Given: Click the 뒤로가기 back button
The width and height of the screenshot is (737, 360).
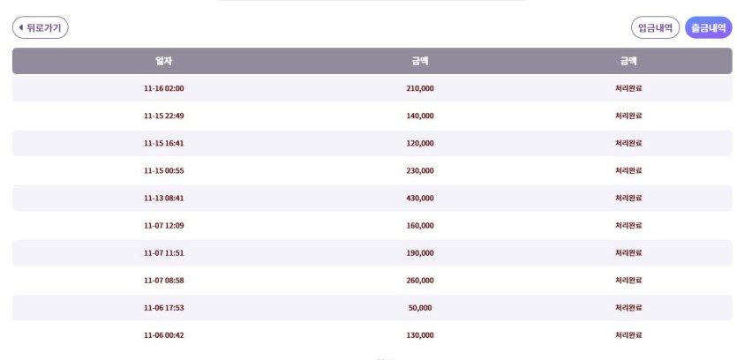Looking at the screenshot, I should pos(41,28).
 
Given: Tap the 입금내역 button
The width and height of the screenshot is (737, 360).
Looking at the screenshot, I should pos(655,28).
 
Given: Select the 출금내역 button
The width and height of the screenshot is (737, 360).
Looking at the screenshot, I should pos(709,28).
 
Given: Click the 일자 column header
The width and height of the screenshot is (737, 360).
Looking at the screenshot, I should pos(163,61).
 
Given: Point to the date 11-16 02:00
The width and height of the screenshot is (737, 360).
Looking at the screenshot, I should pos(163,88).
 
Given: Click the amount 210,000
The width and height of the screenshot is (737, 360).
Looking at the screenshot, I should pos(420,88).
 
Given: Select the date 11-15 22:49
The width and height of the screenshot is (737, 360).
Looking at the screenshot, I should pos(163,116).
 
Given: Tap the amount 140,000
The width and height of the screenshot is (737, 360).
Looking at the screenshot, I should pos(420,116).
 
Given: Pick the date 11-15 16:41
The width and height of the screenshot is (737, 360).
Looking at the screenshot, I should pos(163,143).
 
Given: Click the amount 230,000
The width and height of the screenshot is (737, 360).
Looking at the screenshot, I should pos(420,170).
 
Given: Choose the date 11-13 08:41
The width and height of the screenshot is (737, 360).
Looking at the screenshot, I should pos(163,198).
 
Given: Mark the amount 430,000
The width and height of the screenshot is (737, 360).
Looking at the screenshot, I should pos(420,198).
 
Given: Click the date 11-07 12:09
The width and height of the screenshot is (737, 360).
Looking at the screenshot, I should pos(163,225).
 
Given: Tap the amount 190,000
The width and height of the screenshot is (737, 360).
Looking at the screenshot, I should pos(420,252).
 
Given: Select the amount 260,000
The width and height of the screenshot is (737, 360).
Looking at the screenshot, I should pos(420,280).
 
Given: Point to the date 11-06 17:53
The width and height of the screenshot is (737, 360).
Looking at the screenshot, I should pos(163,307).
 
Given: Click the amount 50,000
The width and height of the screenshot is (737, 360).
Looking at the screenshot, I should pos(420,307).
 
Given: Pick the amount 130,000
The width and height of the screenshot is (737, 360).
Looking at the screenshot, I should pos(420,334).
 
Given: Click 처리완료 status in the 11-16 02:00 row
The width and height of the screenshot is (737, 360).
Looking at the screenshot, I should pos(628,88).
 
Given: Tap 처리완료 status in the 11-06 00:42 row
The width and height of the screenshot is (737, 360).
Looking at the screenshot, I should pos(628,334).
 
